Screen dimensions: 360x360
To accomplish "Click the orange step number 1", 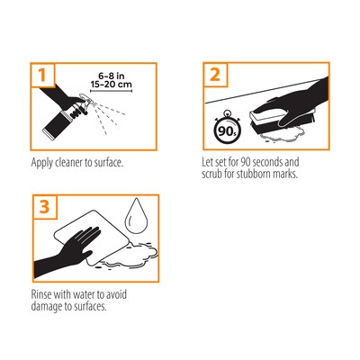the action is (x=42, y=75).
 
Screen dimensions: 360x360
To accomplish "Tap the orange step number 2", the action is (x=215, y=75).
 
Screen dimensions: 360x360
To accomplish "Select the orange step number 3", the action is (x=44, y=207).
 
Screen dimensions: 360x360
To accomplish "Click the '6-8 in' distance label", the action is (x=112, y=76).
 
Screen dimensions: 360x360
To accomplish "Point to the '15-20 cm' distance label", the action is (x=112, y=85).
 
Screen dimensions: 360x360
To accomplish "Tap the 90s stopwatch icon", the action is (x=228, y=129).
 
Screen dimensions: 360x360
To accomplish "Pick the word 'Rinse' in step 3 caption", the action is (x=41, y=294).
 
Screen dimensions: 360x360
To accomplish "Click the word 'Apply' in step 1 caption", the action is (x=42, y=163).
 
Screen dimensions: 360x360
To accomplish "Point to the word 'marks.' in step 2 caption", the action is (x=285, y=174).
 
